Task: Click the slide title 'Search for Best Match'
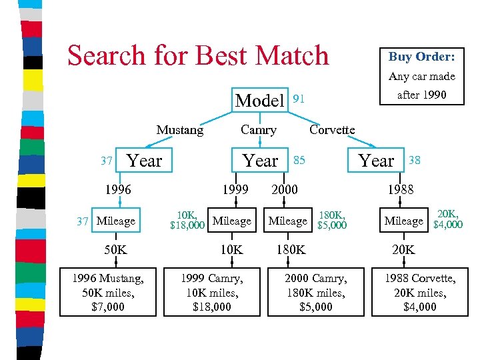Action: [198, 55]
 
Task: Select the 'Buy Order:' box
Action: [421, 57]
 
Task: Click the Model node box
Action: [260, 101]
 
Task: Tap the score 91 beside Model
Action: [300, 99]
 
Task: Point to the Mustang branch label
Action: [180, 130]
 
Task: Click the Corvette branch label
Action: [332, 130]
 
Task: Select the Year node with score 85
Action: [260, 161]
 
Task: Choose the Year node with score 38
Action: [377, 161]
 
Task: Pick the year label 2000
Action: [285, 189]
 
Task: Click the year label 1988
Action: [401, 189]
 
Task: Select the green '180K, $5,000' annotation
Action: [333, 220]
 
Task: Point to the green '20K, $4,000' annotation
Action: [447, 219]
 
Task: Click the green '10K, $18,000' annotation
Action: [187, 220]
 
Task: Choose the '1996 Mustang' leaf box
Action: [108, 292]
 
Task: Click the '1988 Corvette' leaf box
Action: [420, 292]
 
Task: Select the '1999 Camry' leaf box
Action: [211, 292]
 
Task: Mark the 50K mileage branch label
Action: [115, 249]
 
